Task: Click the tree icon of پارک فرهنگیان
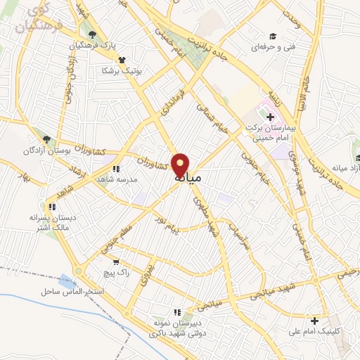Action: pyautogui.click(x=91, y=34)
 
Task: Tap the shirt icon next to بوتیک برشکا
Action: pyautogui.click(x=122, y=60)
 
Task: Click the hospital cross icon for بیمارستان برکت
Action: pyautogui.click(x=270, y=116)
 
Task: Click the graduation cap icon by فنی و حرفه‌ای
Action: pyautogui.click(x=271, y=37)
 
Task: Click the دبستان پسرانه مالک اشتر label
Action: pyautogui.click(x=51, y=223)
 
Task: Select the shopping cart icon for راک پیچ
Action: pyautogui.click(x=115, y=263)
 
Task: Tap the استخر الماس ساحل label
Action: pyautogui.click(x=72, y=290)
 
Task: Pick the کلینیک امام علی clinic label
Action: pyautogui.click(x=314, y=333)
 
